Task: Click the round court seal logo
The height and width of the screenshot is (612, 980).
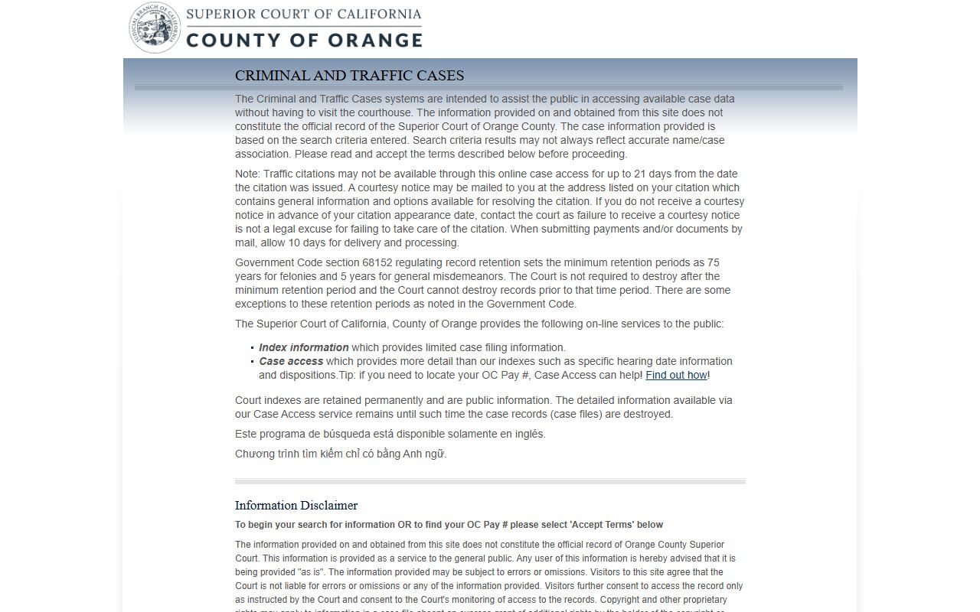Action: coord(155,28)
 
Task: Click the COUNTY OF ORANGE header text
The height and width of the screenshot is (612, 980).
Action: coord(304,40)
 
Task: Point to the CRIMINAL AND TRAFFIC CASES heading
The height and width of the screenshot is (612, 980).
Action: coord(349,76)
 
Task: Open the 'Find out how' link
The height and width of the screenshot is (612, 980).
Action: coord(676,375)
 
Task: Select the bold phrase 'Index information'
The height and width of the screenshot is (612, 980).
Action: coord(303,347)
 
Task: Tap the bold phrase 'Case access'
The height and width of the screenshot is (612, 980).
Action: coord(291,361)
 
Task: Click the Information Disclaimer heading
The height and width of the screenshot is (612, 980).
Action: coord(296,505)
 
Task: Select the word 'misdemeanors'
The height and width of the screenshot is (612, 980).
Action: coord(467,276)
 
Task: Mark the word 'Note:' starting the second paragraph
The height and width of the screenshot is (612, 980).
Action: coord(247,174)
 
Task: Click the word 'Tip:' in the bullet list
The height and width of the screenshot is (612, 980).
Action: coord(347,375)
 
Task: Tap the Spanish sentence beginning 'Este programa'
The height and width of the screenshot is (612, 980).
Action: coord(390,434)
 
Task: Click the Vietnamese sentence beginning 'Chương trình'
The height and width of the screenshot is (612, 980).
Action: coord(340,454)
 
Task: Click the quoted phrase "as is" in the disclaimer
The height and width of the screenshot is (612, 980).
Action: coord(311,572)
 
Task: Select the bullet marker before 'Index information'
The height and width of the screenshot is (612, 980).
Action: coord(252,348)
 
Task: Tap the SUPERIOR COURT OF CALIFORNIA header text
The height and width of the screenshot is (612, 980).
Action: coord(304,14)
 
